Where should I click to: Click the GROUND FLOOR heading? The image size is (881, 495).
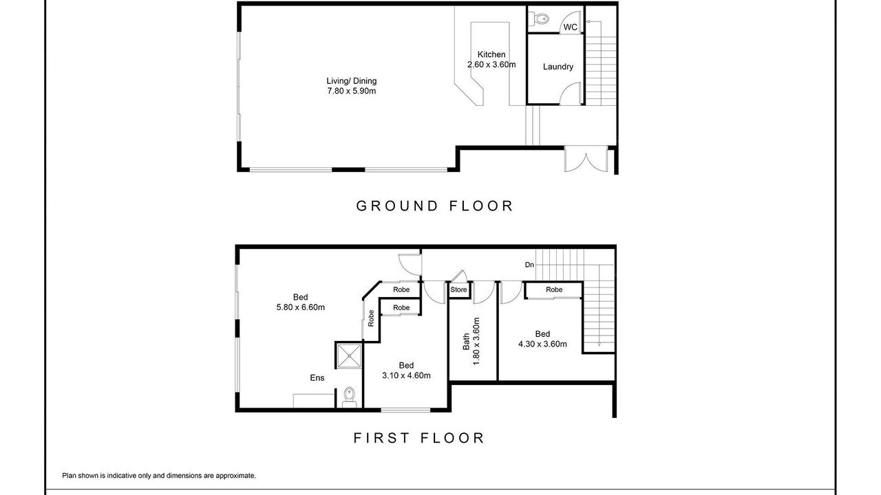(x=434, y=206)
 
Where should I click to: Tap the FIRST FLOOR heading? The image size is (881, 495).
(x=419, y=438)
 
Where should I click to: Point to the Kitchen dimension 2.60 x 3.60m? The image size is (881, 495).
(x=491, y=65)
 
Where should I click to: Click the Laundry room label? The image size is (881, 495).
(x=558, y=67)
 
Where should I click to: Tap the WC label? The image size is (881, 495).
(x=571, y=27)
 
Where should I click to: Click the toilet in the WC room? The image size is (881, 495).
(x=539, y=19)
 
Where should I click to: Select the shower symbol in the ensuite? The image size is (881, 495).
(x=348, y=356)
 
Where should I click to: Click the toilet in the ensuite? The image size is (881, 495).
(x=349, y=397)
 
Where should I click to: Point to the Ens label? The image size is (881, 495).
(x=317, y=378)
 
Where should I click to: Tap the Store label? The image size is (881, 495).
(x=458, y=289)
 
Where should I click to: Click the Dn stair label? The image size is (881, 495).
(x=529, y=265)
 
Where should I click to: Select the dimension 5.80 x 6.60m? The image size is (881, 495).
(x=301, y=307)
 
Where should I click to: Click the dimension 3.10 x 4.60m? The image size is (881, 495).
(x=406, y=375)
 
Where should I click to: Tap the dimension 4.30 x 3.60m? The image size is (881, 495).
(x=542, y=344)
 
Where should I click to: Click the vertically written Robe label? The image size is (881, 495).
(x=371, y=318)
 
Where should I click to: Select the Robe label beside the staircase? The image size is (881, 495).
(x=554, y=289)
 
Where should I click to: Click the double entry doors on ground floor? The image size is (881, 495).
(x=586, y=159)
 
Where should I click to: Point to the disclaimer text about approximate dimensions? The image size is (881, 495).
(x=159, y=476)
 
